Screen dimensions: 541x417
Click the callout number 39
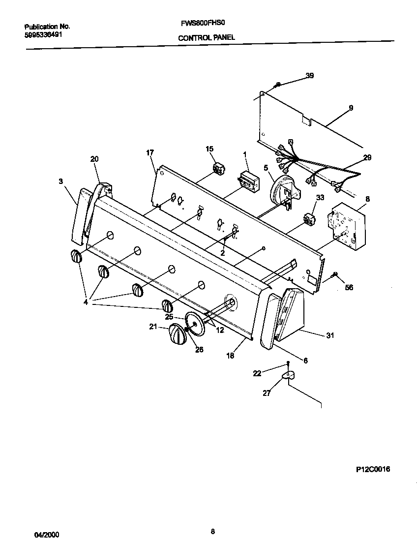coord(309,76)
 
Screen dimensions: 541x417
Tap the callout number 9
coord(351,108)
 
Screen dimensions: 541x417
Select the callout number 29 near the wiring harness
coord(367,157)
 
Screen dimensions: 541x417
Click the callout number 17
coord(150,152)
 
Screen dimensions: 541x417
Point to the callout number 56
coord(349,287)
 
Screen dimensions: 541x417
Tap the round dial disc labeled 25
coord(195,324)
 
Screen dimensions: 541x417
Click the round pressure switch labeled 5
coord(282,189)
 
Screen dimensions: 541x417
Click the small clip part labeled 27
coord(288,376)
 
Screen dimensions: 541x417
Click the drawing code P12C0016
coord(373,469)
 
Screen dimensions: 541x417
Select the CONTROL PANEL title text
coord(206,37)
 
